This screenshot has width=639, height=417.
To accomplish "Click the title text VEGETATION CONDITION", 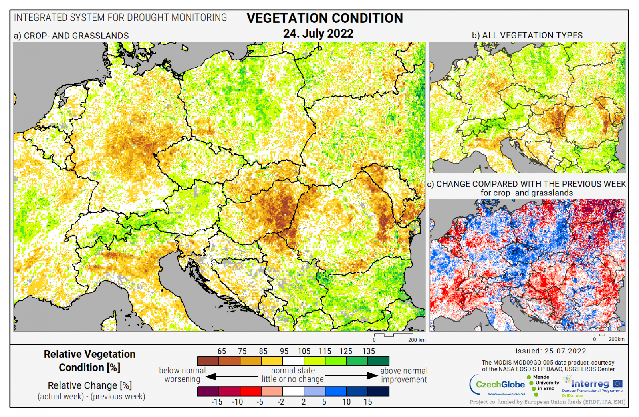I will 324,18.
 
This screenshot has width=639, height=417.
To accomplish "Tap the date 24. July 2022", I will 318,33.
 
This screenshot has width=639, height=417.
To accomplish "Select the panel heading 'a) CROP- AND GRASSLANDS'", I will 71,36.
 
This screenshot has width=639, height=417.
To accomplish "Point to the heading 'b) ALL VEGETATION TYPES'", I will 527,35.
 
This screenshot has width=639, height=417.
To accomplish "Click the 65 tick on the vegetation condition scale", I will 222,351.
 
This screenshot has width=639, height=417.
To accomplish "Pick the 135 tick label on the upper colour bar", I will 368,351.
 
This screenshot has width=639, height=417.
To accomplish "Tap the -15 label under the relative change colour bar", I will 217,402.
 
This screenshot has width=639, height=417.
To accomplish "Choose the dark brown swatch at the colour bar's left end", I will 208,361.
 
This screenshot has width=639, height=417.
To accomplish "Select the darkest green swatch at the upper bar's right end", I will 378,361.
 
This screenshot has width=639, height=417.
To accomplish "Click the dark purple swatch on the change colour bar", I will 208,391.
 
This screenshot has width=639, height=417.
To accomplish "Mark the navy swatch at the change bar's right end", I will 378,391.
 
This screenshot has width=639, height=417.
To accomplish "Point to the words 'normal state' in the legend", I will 293,371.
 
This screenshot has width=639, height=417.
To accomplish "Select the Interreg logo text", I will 590,384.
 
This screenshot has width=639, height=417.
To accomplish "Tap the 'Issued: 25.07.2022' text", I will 551,351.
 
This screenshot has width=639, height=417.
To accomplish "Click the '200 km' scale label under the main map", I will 417,340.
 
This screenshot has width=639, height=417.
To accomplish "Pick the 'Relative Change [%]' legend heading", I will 89,385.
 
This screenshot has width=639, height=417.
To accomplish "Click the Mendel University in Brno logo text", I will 546,383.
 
